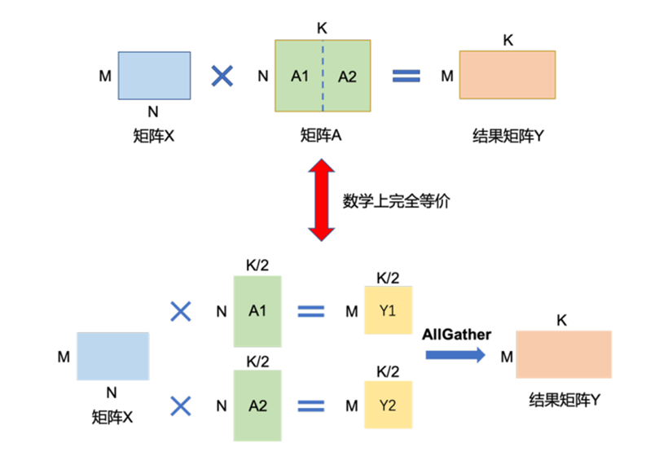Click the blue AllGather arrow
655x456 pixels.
coord(455,354)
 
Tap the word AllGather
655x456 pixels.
coord(457,335)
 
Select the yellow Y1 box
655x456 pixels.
coord(388,310)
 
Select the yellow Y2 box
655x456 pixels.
coord(388,405)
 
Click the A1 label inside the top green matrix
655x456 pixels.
coord(300,77)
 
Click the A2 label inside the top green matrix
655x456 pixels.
coord(348,77)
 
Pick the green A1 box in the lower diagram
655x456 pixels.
coord(257,310)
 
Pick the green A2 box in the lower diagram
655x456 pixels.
coord(257,405)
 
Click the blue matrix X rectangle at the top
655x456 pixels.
coord(154,77)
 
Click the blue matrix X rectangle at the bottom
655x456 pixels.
coord(113,356)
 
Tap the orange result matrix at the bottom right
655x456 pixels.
coord(564,354)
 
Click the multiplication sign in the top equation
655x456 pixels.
coord(222,77)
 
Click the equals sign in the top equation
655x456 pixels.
coord(407,77)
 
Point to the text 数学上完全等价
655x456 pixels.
coord(398,201)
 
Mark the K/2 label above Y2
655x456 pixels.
coord(388,370)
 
